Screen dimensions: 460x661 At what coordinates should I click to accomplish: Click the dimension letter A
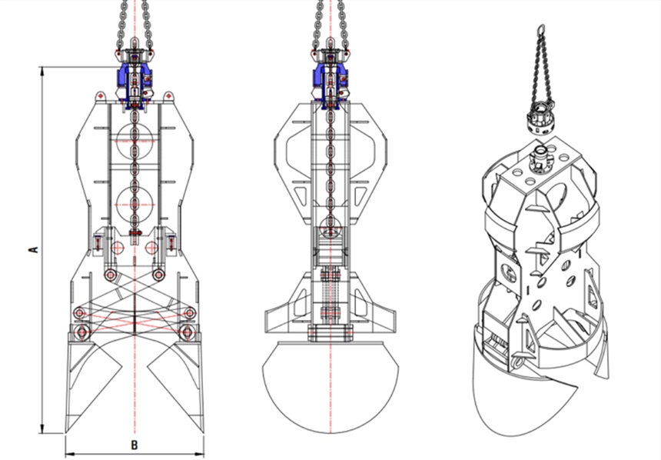(32, 249)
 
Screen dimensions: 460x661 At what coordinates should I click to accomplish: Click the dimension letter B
(134, 445)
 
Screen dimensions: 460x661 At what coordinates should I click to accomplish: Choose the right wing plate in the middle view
(381, 315)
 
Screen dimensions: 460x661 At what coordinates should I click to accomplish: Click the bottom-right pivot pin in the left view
(185, 332)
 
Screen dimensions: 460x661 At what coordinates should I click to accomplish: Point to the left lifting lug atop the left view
(100, 96)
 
